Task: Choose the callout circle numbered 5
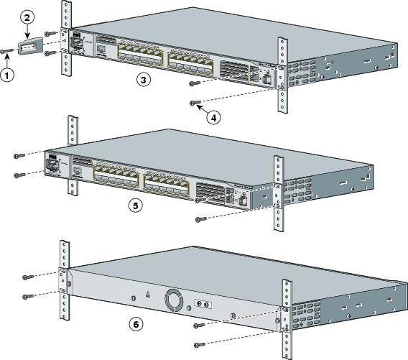pyautogui.click(x=134, y=204)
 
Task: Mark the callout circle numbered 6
pyautogui.click(x=134, y=323)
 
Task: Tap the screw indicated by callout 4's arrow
pyautogui.click(x=194, y=103)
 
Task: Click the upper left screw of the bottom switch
pyautogui.click(x=27, y=277)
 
